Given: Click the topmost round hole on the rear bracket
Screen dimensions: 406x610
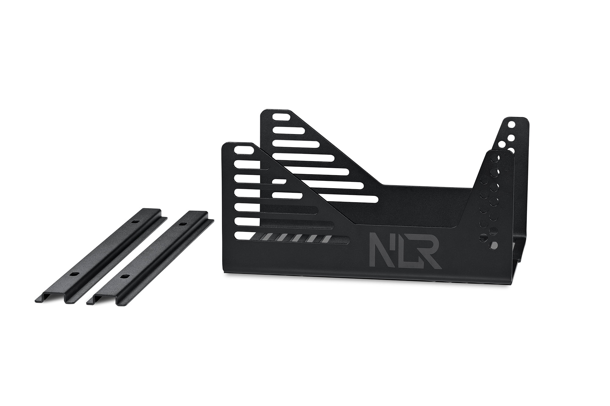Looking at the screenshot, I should (511, 125).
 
